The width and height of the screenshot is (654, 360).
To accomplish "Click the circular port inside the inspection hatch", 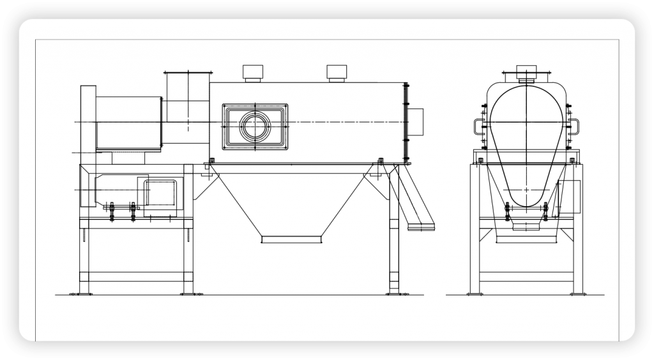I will [255, 126].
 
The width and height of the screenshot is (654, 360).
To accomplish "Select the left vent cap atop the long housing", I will [254, 72].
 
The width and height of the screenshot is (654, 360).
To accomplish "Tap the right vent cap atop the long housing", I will [337, 72].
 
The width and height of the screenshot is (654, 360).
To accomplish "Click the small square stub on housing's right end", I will [415, 122].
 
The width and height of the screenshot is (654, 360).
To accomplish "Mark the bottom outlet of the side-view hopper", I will [291, 239].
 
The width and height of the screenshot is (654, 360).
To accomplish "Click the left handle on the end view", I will [478, 126].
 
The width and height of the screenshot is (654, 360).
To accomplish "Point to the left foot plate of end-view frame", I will [474, 294].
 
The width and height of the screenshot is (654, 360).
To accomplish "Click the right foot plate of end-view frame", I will [577, 294].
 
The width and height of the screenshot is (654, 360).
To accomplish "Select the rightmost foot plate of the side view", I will [394, 294].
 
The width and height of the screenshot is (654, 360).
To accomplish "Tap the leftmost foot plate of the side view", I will [84, 294].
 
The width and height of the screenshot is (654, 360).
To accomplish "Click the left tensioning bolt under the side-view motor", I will [112, 211].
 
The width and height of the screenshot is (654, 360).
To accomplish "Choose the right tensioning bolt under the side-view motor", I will [133, 211].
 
